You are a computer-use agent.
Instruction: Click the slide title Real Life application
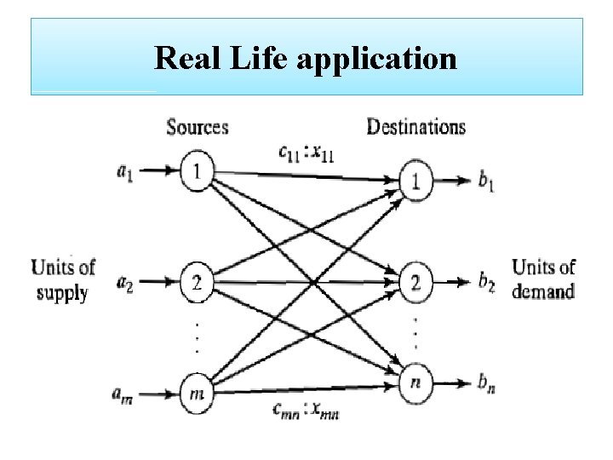(306, 59)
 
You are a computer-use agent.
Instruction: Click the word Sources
(198, 128)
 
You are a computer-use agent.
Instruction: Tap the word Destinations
(415, 128)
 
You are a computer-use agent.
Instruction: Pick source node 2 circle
(197, 282)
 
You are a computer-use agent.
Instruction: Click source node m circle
(197, 393)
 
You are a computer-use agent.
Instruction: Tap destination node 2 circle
(416, 281)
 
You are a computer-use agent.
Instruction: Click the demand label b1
(486, 182)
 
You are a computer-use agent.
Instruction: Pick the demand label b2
(486, 282)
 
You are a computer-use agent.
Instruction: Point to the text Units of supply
(62, 279)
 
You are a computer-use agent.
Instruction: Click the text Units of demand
(543, 279)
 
